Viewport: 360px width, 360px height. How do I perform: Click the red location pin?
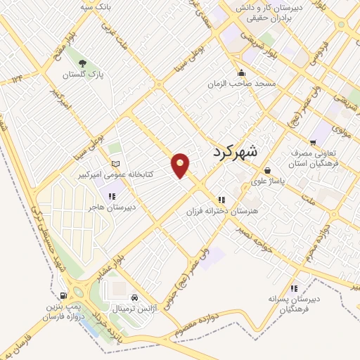[x=181, y=164]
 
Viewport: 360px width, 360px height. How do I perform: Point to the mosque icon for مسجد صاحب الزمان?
[x=243, y=72]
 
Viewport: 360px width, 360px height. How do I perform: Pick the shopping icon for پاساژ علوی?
[x=267, y=169]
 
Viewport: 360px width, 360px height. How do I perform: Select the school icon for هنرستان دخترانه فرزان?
[x=221, y=199]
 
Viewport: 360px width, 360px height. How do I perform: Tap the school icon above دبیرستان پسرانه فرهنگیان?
[x=294, y=287]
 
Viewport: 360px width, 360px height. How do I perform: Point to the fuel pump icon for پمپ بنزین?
[x=63, y=295]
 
